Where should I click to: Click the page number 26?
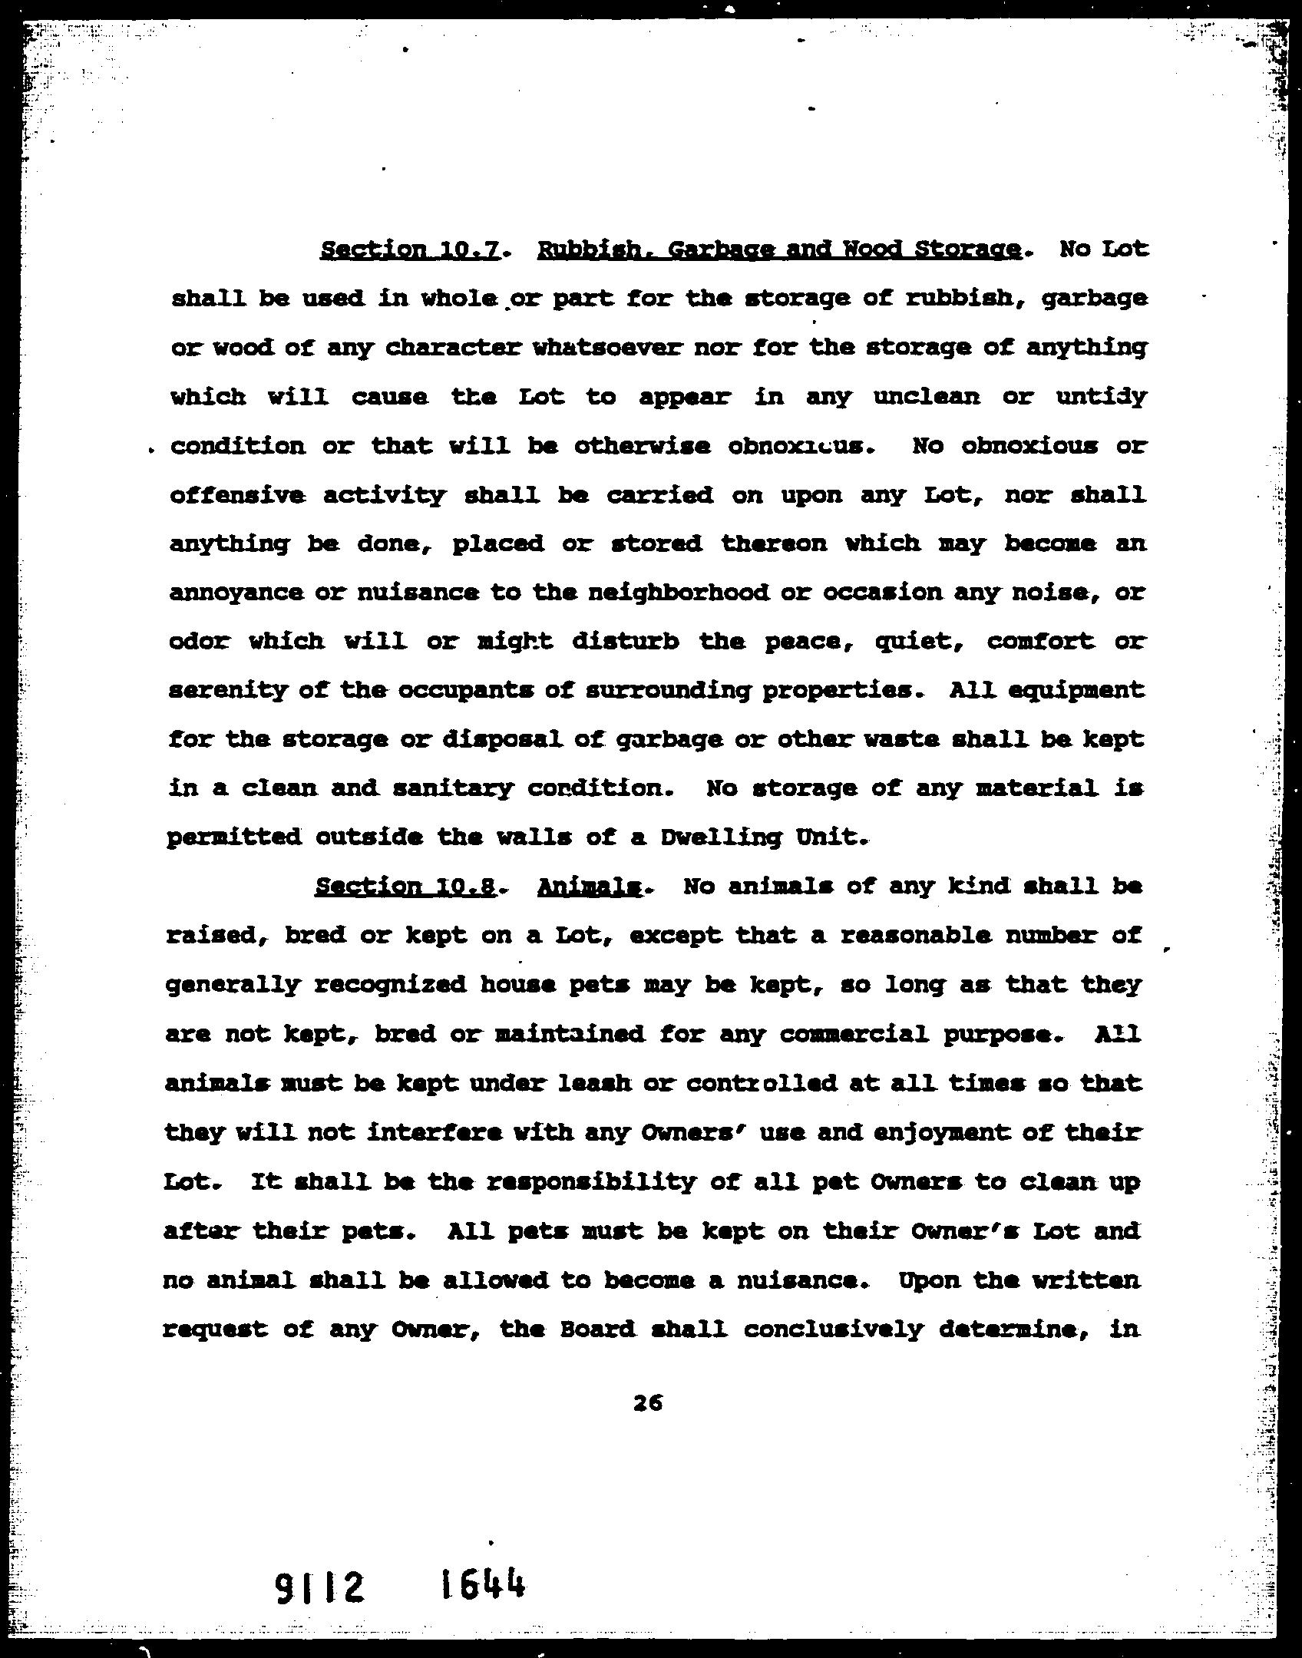coord(648,1404)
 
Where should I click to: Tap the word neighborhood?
coord(676,592)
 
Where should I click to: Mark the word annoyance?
coord(234,593)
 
